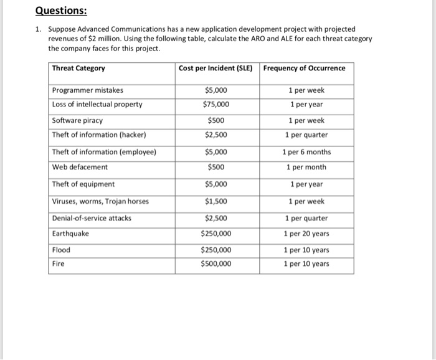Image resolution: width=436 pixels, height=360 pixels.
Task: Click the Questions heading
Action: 61,11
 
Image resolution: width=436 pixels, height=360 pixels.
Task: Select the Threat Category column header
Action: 78,68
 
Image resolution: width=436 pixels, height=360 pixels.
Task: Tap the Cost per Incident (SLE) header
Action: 216,68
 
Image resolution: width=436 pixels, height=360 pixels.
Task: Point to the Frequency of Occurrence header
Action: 304,68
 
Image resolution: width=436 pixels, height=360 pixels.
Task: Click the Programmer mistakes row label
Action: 88,90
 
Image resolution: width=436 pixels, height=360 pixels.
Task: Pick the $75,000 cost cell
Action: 216,104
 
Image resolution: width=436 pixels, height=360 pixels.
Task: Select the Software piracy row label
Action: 77,120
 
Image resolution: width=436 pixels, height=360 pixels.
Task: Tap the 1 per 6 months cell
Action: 306,151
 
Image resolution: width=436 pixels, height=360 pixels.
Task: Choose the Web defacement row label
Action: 80,167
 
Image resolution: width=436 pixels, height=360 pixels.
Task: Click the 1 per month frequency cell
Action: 306,167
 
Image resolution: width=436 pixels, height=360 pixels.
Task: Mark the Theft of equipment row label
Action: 83,184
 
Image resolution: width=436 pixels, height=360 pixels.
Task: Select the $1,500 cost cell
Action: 216,201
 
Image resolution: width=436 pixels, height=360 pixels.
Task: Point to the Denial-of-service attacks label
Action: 92,218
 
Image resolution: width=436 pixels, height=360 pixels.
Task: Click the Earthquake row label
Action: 70,234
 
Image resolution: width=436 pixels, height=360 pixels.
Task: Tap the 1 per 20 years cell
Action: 306,234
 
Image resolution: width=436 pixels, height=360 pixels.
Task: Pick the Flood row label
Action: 61,250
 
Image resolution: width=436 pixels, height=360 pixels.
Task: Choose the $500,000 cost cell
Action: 216,263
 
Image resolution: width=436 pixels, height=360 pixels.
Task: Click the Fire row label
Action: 59,263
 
